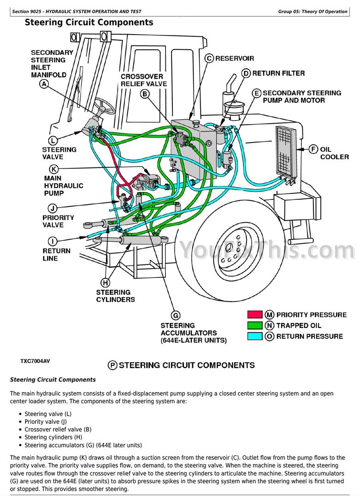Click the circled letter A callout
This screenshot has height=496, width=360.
pyautogui.click(x=44, y=84)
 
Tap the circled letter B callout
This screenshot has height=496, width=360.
pyautogui.click(x=145, y=94)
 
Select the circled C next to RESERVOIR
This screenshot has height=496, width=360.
pyautogui.click(x=209, y=58)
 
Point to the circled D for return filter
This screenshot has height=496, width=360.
pyautogui.click(x=246, y=73)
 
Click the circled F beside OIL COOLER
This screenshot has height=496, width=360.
pyautogui.click(x=313, y=149)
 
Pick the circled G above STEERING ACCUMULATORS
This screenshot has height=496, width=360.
pyautogui.click(x=176, y=316)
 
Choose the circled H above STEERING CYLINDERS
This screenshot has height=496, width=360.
pyautogui.click(x=106, y=282)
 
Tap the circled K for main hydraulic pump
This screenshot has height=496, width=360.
pyautogui.click(x=54, y=169)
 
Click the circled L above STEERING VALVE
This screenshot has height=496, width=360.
pyautogui.click(x=53, y=140)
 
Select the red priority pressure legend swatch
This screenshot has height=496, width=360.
pyautogui.click(x=254, y=315)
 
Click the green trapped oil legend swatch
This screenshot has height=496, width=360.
pyautogui.click(x=254, y=325)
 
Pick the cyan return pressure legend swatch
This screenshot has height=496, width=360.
pyautogui.click(x=254, y=336)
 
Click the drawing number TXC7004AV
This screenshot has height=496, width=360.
pyautogui.click(x=35, y=361)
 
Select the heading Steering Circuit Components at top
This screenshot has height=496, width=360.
pyautogui.click(x=89, y=23)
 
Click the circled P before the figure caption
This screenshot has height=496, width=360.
pyautogui.click(x=112, y=365)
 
